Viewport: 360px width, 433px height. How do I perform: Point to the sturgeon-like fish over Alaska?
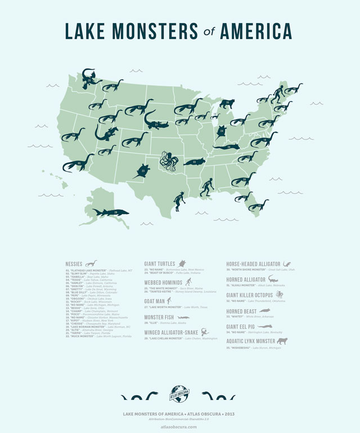tap(110, 212)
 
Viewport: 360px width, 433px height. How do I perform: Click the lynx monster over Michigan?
tap(227, 104)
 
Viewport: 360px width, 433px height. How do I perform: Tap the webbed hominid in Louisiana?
tap(207, 186)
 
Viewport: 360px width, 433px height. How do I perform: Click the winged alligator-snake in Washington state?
tap(89, 78)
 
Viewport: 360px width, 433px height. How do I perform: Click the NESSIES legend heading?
tap(74, 264)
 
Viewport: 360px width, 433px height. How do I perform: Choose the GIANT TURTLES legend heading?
tap(160, 264)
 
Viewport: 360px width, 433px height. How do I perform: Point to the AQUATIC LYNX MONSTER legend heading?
tap(251, 341)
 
